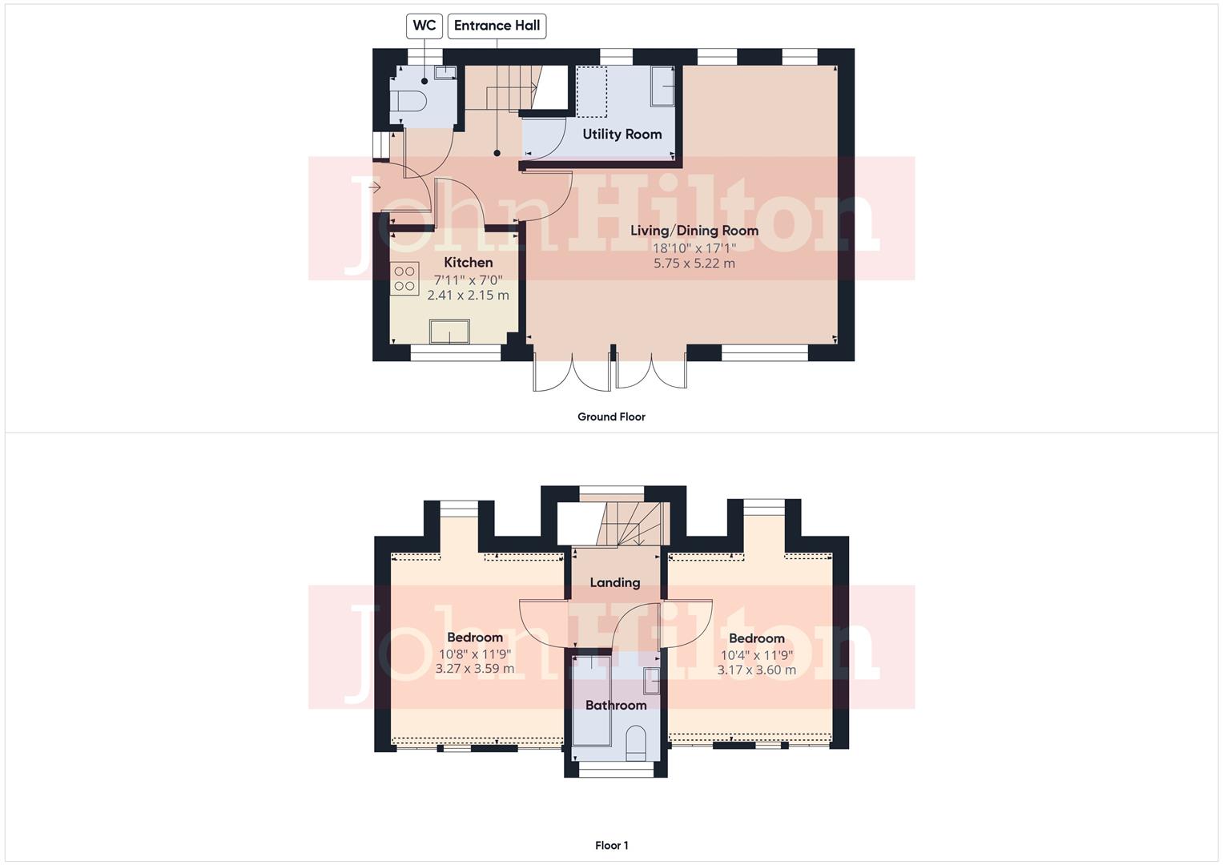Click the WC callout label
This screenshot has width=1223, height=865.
tap(424, 26)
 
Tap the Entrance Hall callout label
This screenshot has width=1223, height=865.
tap(497, 26)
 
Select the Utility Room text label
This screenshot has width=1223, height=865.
tap(622, 134)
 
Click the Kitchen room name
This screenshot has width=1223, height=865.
tap(469, 263)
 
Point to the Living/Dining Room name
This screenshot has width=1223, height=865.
tap(694, 231)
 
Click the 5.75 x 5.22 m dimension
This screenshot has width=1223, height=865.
tap(694, 264)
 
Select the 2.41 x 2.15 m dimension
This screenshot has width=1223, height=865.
tap(469, 296)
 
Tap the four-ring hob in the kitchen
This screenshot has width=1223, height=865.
tap(405, 278)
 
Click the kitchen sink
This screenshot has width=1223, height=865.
tap(449, 331)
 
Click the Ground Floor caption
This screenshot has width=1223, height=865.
tap(611, 416)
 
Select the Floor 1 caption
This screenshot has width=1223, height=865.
tap(611, 845)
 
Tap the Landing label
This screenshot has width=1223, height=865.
tap(615, 582)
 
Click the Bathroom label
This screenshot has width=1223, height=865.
tap(616, 705)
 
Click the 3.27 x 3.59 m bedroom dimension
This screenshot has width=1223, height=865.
tap(475, 669)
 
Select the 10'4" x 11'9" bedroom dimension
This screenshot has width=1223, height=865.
tap(757, 654)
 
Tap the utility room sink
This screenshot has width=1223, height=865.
tap(662, 86)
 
